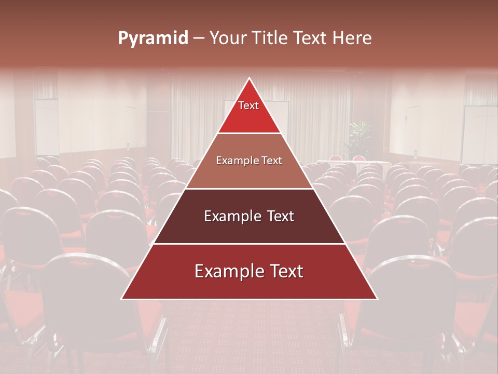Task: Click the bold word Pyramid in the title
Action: pos(153,38)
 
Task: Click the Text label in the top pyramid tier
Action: pos(248,105)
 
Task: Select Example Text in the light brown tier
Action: pos(249,161)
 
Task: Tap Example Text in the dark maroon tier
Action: pos(249,216)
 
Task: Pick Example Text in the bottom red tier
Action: pos(249,271)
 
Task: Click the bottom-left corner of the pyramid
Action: pos(122,299)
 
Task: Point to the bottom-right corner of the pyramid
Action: pos(377,299)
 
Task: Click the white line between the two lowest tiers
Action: pos(249,244)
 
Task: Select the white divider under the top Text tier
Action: pos(249,133)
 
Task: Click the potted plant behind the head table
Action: pos(359,137)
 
